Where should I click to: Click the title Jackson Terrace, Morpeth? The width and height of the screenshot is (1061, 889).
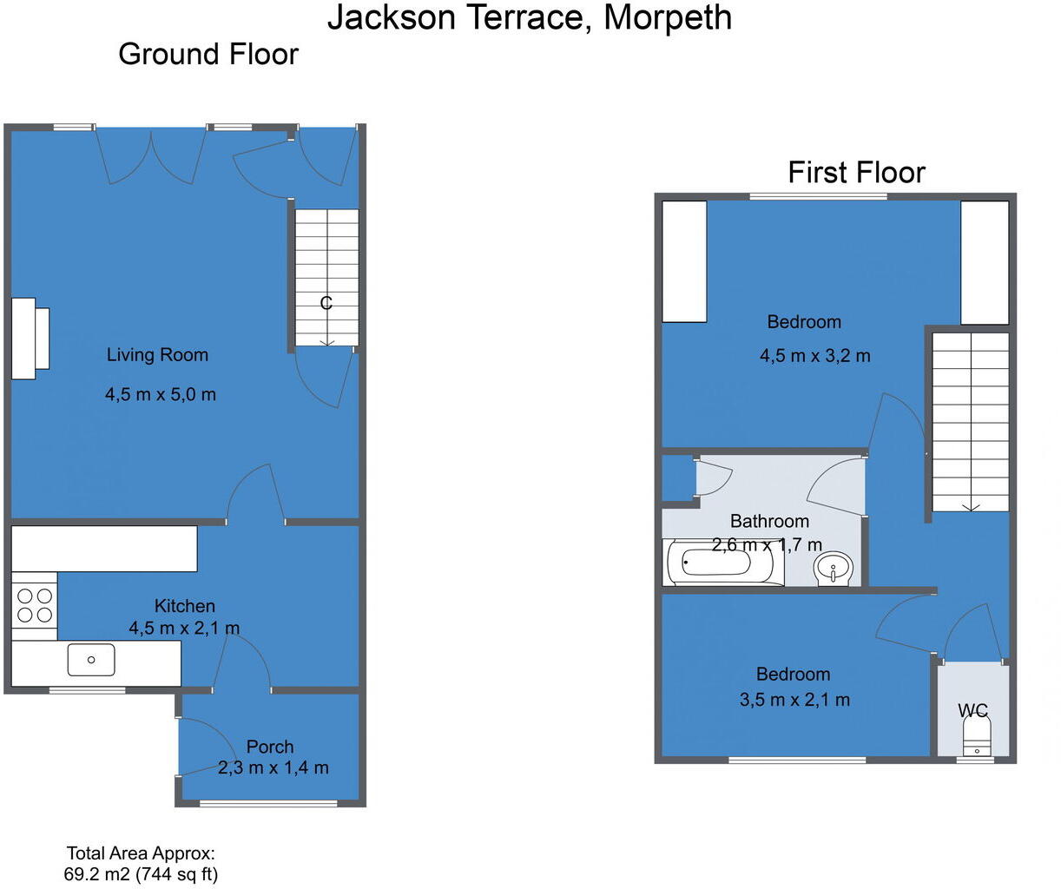(530, 18)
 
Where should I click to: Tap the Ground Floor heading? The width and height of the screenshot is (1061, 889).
(208, 54)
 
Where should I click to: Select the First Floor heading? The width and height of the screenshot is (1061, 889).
(856, 172)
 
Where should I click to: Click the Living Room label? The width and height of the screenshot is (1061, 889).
(157, 354)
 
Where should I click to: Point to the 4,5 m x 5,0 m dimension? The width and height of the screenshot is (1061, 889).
(161, 394)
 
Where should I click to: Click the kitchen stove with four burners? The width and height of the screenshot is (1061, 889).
(35, 605)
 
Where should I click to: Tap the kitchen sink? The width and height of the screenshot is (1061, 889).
(91, 660)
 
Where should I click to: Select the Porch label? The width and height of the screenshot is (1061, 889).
(270, 747)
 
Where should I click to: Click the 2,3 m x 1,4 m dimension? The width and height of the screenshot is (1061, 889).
(273, 767)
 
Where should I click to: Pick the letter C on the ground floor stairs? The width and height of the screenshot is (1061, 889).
(326, 303)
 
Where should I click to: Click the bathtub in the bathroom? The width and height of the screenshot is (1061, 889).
(717, 562)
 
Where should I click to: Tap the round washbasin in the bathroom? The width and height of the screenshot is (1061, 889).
(833, 570)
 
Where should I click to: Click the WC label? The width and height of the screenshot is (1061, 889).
(973, 711)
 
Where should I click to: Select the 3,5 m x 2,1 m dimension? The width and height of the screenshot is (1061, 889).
(794, 700)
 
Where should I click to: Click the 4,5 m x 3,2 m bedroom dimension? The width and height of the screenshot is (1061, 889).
(815, 356)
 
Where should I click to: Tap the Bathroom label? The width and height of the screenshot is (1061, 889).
(769, 521)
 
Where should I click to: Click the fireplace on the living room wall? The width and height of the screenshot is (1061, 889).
(30, 339)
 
